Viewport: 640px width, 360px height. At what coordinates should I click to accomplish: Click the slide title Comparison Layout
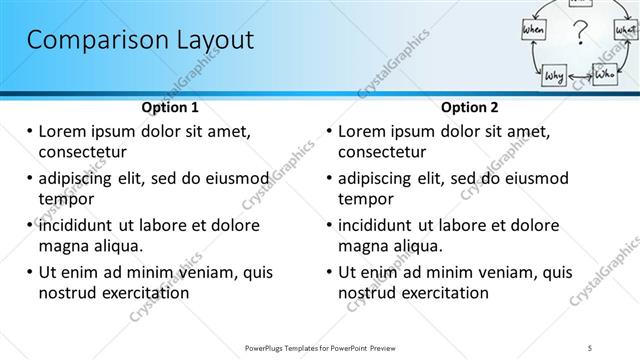139,41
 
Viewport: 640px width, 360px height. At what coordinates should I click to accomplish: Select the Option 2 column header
470,107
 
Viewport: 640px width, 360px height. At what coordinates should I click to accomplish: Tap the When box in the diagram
533,31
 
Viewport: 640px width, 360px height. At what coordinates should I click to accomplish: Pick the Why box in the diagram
555,76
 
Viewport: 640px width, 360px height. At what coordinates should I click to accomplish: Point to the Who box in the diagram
605,74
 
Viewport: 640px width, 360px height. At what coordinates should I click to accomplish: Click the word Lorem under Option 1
64,131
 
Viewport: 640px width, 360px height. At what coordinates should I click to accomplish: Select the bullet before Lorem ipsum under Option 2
328,131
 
